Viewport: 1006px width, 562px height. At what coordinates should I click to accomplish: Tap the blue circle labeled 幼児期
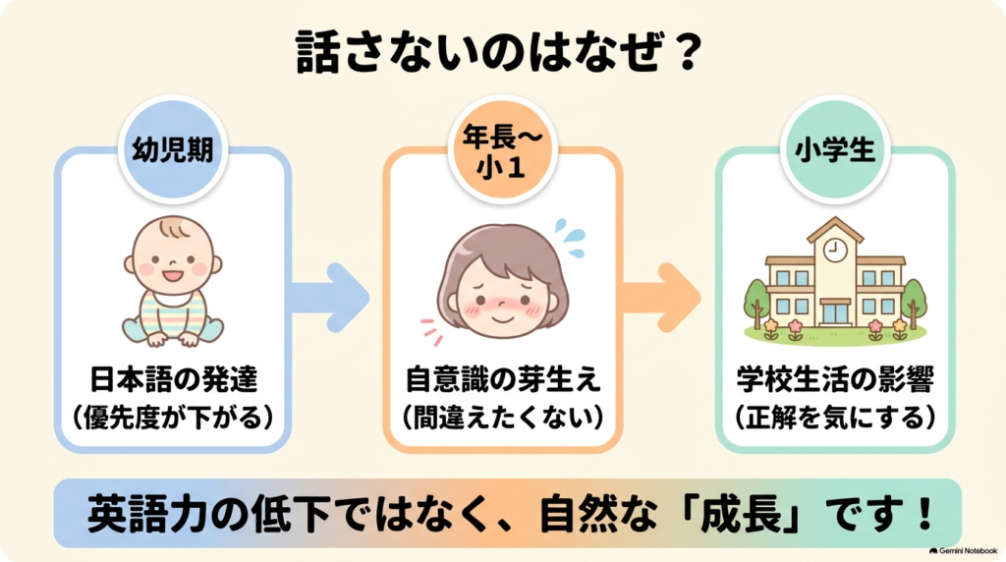pos(173,149)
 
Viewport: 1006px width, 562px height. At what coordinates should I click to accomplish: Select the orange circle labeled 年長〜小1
pos(501,149)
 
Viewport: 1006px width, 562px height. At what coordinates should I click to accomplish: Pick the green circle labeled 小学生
pos(835,149)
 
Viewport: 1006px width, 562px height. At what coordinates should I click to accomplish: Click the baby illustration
pos(173,280)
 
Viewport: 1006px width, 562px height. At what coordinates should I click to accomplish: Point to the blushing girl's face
pos(502,282)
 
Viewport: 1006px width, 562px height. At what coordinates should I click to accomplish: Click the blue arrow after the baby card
pos(331,297)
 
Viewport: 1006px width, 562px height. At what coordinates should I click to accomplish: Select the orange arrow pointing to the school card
pos(661,297)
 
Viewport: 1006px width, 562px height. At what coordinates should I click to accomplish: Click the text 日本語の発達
pos(173,379)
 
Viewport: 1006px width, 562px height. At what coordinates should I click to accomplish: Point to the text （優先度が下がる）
pos(173,418)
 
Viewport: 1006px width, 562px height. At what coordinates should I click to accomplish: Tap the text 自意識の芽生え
pos(502,379)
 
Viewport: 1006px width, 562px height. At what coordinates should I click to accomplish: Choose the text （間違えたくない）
pos(502,418)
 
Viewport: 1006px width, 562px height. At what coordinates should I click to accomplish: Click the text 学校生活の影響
pos(835,379)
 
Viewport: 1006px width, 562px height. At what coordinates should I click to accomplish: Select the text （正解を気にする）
pos(835,418)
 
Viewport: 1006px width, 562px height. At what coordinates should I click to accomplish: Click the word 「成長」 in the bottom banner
pos(744,514)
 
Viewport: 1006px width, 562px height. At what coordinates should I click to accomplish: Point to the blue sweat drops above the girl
pos(571,238)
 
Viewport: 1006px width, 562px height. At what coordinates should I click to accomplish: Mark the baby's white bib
pos(171,299)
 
